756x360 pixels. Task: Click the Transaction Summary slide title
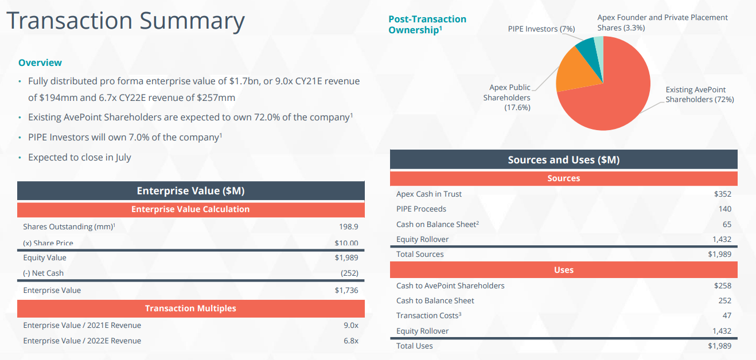point(126,21)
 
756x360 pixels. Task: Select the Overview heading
point(40,62)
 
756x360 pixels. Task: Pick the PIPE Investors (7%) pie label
point(541,29)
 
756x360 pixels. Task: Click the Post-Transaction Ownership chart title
point(427,25)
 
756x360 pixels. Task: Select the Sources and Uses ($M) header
point(563,160)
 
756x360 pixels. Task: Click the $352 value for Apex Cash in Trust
point(723,194)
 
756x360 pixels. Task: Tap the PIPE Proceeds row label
point(421,209)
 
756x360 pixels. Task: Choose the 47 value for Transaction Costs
point(726,315)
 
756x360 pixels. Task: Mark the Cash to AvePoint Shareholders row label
point(450,285)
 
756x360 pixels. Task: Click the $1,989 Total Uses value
point(719,346)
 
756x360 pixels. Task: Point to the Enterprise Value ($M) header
point(190,191)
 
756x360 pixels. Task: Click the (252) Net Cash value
point(349,273)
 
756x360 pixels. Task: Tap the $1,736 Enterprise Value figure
point(346,290)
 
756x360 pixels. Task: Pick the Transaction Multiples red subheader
point(190,308)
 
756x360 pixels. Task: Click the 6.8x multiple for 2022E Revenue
point(350,341)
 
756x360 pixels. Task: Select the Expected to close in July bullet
point(79,157)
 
